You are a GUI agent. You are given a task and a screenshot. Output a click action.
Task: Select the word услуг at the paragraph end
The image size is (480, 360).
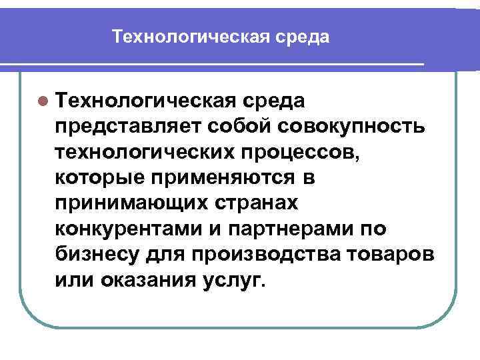(x=234, y=281)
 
